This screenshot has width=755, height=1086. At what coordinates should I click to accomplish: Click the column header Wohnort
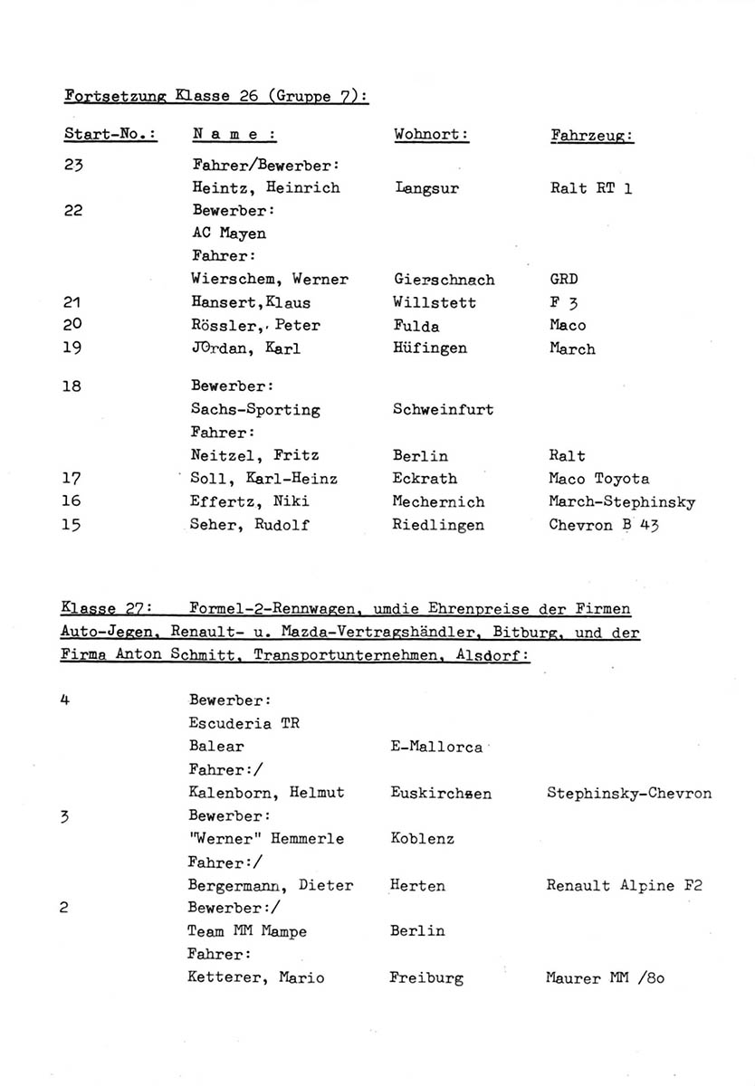pyautogui.click(x=431, y=135)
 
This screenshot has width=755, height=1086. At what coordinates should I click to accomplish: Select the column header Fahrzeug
pyautogui.click(x=591, y=136)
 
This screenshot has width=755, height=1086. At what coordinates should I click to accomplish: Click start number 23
pyautogui.click(x=73, y=166)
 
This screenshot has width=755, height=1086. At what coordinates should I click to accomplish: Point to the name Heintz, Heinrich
pyautogui.click(x=266, y=188)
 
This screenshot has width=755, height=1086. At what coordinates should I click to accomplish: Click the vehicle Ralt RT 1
pyautogui.click(x=590, y=188)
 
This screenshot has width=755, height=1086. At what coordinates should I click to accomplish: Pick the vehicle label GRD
pyautogui.click(x=563, y=280)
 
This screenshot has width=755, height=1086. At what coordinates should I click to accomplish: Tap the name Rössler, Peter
pyautogui.click(x=256, y=325)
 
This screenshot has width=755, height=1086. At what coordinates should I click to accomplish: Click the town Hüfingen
pyautogui.click(x=431, y=348)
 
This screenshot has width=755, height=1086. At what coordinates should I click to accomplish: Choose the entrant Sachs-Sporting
pyautogui.click(x=255, y=410)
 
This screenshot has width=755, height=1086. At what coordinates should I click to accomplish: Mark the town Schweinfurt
pyautogui.click(x=443, y=410)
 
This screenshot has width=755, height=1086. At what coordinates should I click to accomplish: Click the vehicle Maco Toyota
pyautogui.click(x=598, y=479)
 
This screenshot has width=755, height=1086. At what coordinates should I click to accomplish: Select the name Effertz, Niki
pyautogui.click(x=251, y=502)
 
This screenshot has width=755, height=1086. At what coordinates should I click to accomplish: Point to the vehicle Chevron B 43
pyautogui.click(x=603, y=525)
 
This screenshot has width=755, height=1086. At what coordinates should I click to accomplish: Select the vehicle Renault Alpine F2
pyautogui.click(x=624, y=886)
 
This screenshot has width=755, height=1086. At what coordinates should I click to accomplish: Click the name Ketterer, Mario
pyautogui.click(x=255, y=978)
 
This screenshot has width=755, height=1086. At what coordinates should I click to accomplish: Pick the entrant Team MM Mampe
pyautogui.click(x=246, y=931)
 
